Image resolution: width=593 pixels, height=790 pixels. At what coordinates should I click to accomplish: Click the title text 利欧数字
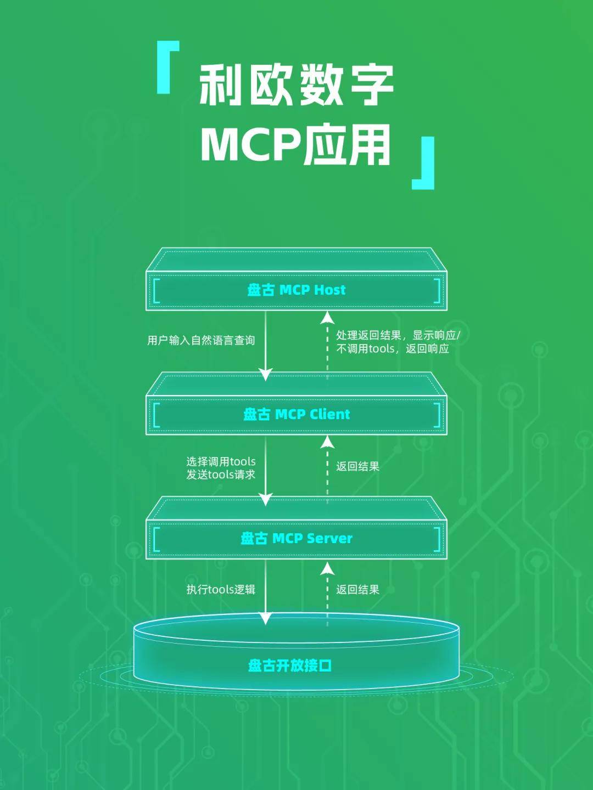point(296,85)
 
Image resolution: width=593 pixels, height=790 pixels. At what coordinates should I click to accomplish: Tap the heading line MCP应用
point(296,145)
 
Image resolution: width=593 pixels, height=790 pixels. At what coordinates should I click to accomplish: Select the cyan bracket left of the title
point(167,67)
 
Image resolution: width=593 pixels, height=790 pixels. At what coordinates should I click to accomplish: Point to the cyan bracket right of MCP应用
point(424,163)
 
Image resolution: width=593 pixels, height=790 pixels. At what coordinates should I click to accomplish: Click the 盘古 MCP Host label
point(296,290)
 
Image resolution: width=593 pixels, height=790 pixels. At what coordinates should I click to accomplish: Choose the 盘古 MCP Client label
point(296,414)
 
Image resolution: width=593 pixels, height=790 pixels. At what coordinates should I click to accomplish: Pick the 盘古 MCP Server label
point(296,538)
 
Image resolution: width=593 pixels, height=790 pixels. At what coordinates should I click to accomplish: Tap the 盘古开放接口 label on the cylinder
point(290,665)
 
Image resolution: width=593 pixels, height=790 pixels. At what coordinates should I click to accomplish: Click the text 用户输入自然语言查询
point(201,341)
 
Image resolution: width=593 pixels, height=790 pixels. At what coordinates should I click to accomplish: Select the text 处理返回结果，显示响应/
point(398,335)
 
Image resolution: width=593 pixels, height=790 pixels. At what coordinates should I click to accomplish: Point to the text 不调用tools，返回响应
point(393,349)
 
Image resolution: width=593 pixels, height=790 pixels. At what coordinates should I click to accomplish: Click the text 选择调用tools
point(221,462)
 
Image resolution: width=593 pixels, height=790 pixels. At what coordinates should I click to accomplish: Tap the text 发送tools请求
point(221,475)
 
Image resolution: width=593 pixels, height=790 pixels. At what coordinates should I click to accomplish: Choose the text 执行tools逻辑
point(221,590)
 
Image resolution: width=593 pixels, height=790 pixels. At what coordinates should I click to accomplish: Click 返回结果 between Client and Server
point(357,466)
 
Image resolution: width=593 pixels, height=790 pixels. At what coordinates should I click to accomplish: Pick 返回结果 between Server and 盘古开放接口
point(357,590)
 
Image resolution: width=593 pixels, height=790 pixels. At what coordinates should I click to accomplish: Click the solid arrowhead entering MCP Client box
point(266,375)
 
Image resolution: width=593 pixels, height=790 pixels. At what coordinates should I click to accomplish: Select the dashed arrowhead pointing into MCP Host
point(328,318)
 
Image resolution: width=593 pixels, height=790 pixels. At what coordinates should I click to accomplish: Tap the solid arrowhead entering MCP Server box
point(266,499)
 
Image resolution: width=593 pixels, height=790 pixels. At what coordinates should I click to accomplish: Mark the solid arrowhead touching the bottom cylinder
point(266,618)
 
